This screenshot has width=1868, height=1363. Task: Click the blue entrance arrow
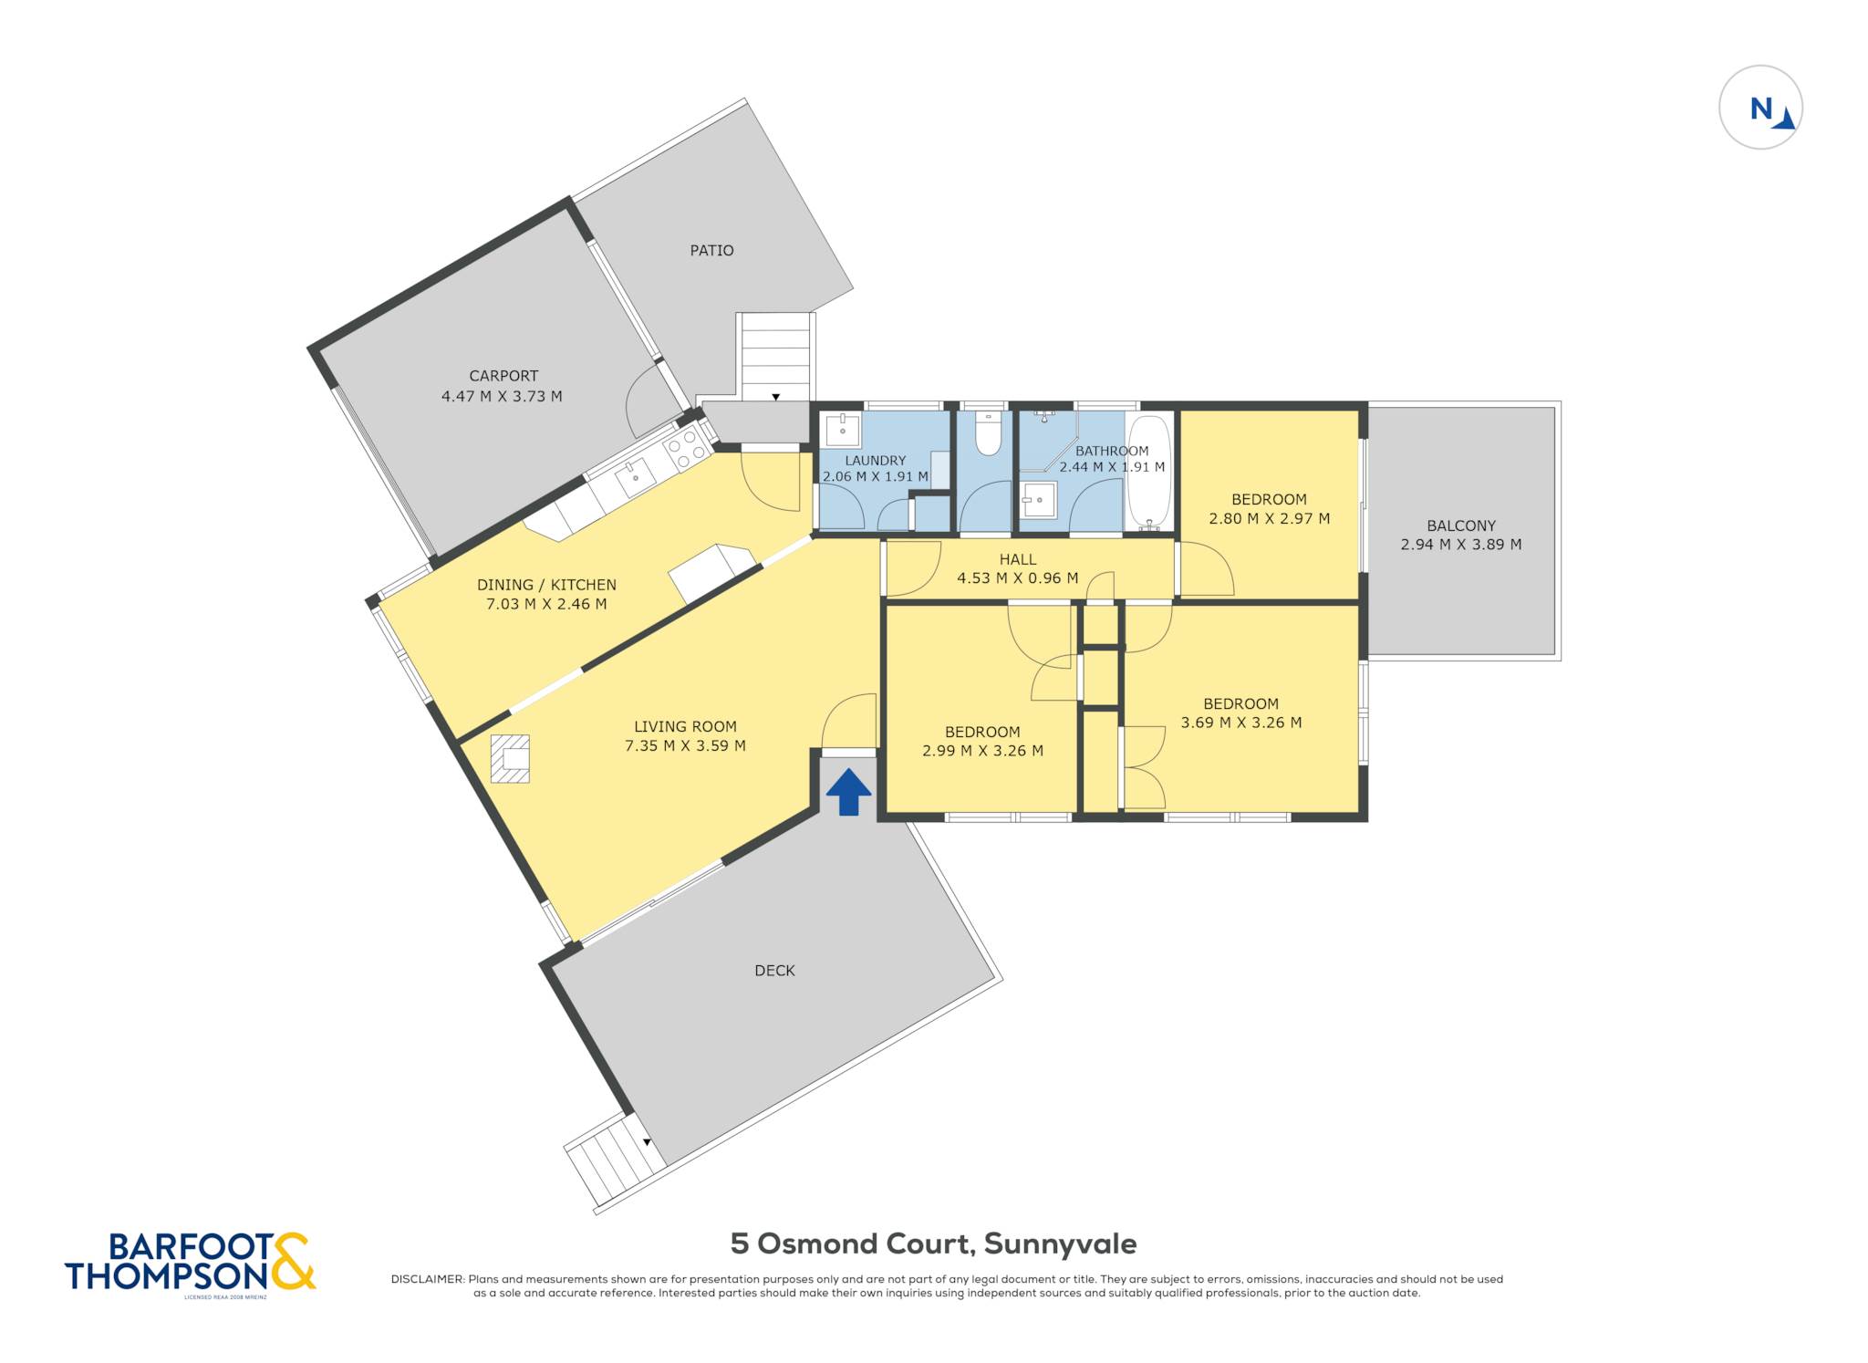[848, 792]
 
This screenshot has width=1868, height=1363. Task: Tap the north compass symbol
[1760, 108]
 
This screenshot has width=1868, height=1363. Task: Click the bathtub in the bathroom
[1149, 472]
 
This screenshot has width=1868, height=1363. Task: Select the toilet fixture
[989, 433]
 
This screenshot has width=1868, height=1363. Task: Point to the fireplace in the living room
[510, 759]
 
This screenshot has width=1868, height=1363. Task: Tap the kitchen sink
[634, 475]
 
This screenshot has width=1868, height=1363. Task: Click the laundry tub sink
[842, 430]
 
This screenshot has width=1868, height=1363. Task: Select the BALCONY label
[1461, 525]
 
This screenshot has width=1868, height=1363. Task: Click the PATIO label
[711, 250]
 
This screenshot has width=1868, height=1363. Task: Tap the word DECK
[774, 971]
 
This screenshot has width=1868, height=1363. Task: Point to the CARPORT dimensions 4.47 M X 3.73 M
[502, 396]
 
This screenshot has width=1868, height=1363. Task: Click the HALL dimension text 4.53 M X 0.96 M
[1017, 577]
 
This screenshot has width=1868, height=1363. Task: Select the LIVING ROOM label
[685, 726]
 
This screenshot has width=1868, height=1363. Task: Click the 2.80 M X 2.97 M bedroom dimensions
[1269, 518]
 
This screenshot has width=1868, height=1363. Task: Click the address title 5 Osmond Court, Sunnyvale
[933, 1243]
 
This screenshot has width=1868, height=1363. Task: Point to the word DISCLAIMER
[427, 1279]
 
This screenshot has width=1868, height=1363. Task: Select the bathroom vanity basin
[1039, 500]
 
